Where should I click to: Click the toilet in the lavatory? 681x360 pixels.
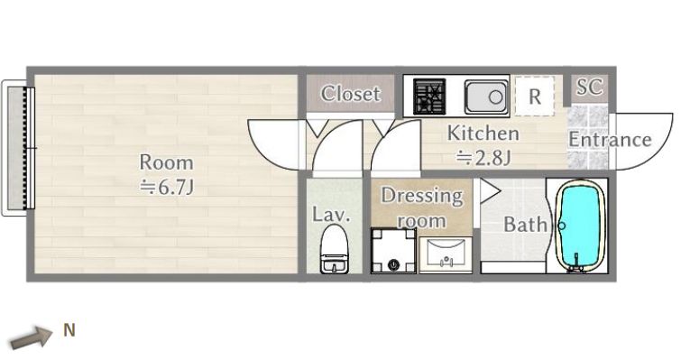335,249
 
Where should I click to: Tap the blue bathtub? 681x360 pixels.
581,226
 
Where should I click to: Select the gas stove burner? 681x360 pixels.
429,96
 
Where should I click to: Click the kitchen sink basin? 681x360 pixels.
486,97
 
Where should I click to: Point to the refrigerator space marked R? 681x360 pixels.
535,96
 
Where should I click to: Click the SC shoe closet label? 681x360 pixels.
589,87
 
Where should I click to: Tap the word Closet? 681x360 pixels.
351,93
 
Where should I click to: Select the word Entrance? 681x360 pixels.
610,140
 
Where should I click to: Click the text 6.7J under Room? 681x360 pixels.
167,187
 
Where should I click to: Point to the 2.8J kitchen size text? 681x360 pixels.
483,158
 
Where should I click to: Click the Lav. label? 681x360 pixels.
331,215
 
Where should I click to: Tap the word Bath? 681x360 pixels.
525,225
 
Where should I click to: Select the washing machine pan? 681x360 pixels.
393,251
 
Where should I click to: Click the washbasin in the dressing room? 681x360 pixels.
446,255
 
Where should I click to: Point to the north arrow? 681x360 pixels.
32,337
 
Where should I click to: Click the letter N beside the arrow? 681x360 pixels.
69,330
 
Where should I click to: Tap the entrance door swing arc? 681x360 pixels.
657,151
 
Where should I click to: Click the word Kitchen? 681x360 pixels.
483,133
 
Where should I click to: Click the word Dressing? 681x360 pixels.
422,196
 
